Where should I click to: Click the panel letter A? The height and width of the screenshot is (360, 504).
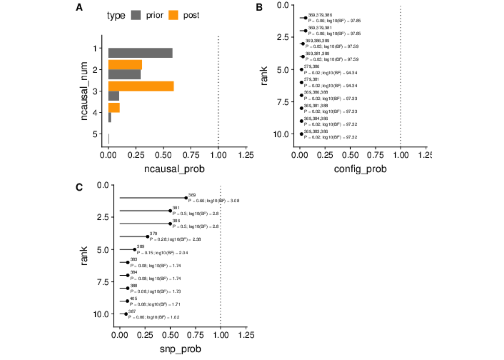(x=79, y=7)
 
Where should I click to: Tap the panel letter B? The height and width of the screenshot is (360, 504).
(x=259, y=7)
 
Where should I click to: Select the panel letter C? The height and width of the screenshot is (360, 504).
(x=79, y=187)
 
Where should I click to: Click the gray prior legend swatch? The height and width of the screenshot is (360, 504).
(x=136, y=15)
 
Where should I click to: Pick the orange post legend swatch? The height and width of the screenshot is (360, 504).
(x=173, y=15)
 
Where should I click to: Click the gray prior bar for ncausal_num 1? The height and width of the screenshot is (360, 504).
(x=140, y=53)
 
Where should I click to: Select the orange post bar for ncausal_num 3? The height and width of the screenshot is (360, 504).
(x=141, y=86)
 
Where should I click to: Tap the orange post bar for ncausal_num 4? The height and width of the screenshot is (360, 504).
(x=114, y=108)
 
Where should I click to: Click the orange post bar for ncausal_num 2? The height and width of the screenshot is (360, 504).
(x=125, y=64)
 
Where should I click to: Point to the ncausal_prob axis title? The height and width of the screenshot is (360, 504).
(x=174, y=169)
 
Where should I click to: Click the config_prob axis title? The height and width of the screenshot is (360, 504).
(x=360, y=169)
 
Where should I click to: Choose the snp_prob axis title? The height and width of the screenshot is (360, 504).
(x=180, y=349)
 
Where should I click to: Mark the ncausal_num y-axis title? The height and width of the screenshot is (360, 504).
(x=84, y=91)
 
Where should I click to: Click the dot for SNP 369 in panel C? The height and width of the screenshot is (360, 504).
(x=186, y=198)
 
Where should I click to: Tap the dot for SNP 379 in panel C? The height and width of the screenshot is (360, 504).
(x=148, y=237)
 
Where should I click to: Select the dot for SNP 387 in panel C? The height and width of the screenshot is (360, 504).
(x=126, y=314)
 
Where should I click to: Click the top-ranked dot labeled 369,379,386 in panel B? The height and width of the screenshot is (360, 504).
(x=306, y=18)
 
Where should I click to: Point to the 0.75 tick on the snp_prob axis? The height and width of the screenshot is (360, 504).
(x=195, y=335)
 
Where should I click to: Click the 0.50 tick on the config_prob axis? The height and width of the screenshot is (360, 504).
(x=350, y=155)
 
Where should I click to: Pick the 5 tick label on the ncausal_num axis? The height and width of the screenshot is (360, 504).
(x=95, y=134)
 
